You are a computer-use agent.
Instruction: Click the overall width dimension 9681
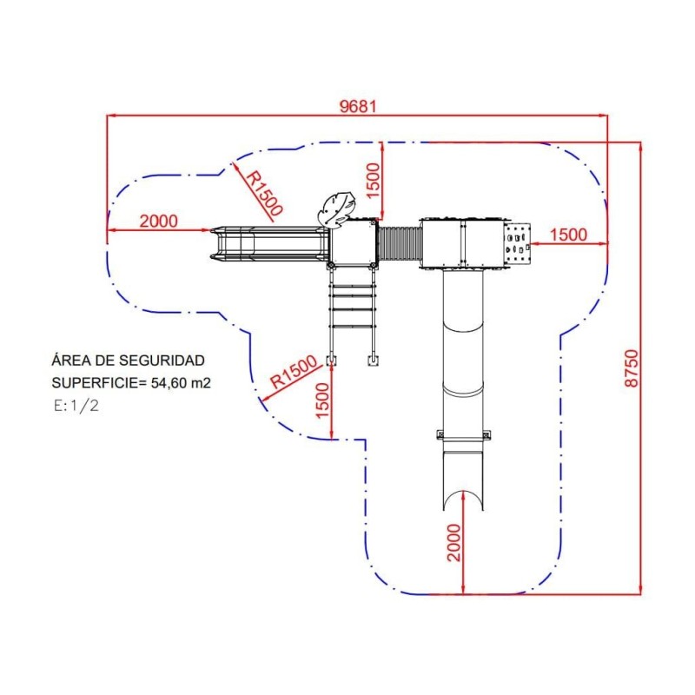pos(358,106)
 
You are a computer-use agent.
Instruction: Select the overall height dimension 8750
pos(632,368)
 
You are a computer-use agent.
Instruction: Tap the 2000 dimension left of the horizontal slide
pos(159,221)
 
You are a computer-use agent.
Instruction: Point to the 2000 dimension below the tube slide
pos(454,542)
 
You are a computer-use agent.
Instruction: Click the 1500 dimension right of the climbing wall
pos(569,235)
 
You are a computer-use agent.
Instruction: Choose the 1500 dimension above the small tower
pos(374,181)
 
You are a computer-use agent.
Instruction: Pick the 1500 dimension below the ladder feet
pos(323,400)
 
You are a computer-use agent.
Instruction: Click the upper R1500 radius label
pos(264,193)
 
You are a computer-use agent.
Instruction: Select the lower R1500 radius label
pos(294,372)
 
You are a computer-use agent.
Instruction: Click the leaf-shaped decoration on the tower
pos(336,208)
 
